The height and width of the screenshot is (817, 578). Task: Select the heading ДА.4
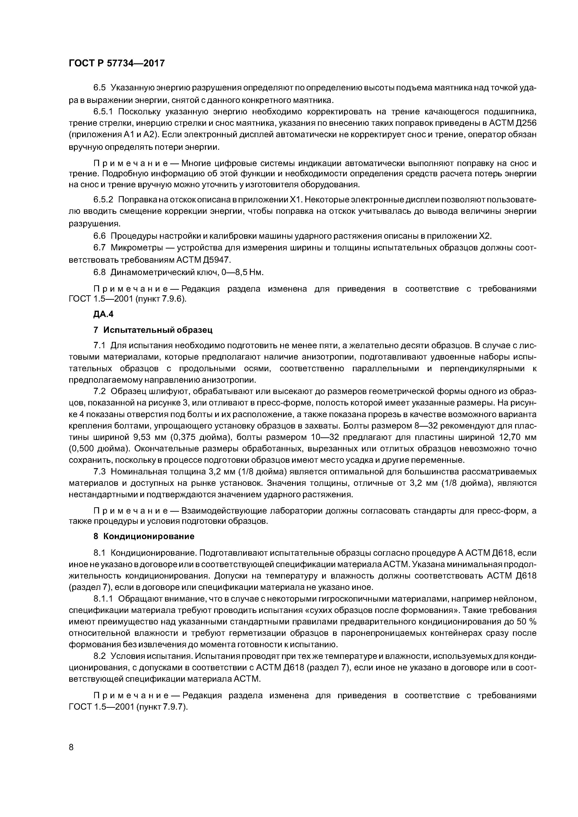pyautogui.click(x=103, y=314)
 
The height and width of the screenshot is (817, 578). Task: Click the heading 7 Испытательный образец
pyautogui.click(x=153, y=330)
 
